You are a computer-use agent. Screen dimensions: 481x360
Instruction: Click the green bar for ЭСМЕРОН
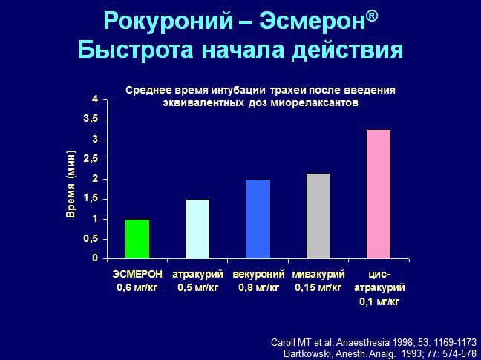[137, 239]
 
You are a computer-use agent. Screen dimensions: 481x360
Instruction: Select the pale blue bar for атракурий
[198, 229]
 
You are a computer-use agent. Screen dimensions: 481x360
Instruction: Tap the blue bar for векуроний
[258, 219]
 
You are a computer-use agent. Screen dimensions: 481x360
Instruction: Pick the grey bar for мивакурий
[318, 216]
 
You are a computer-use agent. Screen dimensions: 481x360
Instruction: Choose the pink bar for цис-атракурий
[379, 194]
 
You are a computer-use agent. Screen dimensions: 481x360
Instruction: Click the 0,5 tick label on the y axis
[91, 239]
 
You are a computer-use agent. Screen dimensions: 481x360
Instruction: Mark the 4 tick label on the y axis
[95, 99]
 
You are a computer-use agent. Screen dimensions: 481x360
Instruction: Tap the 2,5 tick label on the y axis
[91, 160]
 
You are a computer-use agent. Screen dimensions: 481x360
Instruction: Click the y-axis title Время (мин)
[71, 184]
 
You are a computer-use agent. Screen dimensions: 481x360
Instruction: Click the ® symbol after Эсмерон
[372, 16]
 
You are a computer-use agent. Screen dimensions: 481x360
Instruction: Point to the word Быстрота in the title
[136, 50]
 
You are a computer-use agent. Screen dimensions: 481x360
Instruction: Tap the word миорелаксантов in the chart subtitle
[315, 102]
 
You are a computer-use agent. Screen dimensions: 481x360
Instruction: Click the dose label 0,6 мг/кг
[137, 288]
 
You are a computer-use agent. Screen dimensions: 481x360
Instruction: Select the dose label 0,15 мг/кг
[318, 288]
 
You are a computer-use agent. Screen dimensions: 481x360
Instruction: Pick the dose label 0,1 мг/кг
[379, 302]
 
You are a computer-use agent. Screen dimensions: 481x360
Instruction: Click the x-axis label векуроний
[258, 274]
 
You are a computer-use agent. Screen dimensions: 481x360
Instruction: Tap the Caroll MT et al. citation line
[373, 342]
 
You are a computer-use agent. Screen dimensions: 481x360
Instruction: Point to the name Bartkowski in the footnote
[307, 353]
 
